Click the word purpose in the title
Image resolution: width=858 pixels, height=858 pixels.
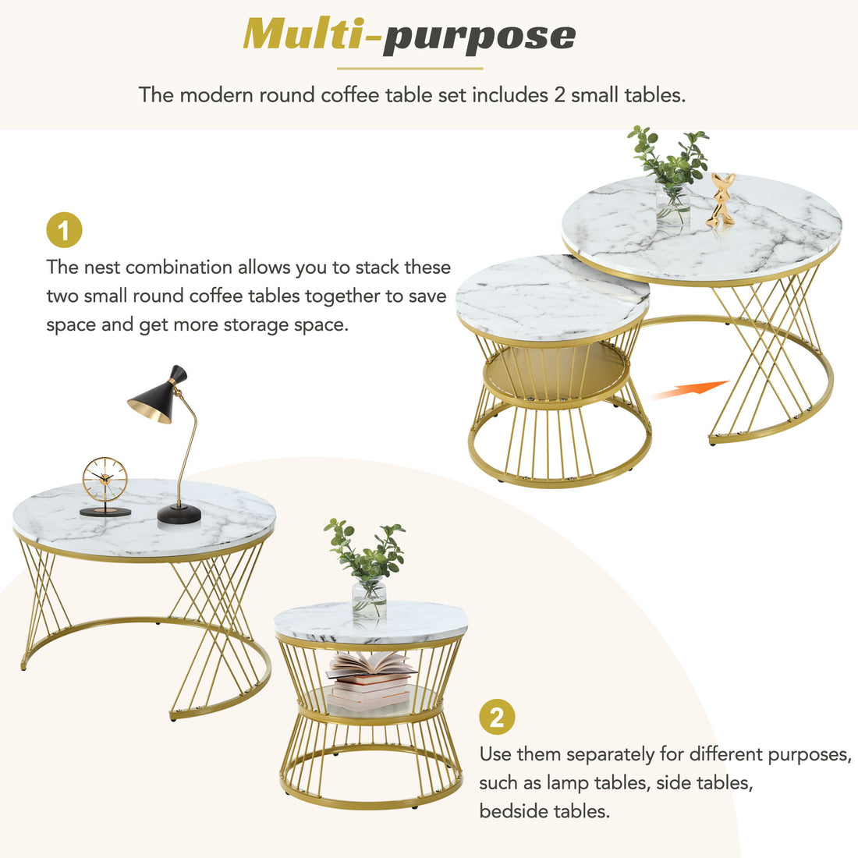(479, 37)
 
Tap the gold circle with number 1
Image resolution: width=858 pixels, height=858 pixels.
(64, 231)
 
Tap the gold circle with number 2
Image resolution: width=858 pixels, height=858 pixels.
(497, 717)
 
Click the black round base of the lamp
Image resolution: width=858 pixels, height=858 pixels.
(179, 513)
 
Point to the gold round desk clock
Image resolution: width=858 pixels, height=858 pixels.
(105, 479)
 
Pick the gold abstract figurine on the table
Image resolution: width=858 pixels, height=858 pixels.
(721, 200)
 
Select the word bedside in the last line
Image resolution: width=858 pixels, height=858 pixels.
(513, 811)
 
